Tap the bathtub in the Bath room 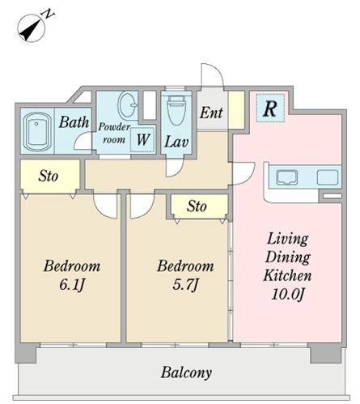click(x=37, y=131)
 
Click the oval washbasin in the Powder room click(x=128, y=104)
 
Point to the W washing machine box click(x=142, y=140)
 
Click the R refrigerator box click(x=270, y=108)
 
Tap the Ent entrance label click(x=211, y=113)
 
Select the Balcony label click(x=186, y=373)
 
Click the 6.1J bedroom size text click(x=72, y=284)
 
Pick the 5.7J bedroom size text click(x=185, y=284)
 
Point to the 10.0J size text click(x=288, y=294)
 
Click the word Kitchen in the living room click(x=287, y=275)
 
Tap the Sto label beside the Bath click(x=49, y=176)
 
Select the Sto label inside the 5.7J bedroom click(x=197, y=206)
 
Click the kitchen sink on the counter click(x=287, y=177)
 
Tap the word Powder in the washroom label click(x=114, y=127)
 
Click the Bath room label click(x=74, y=122)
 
